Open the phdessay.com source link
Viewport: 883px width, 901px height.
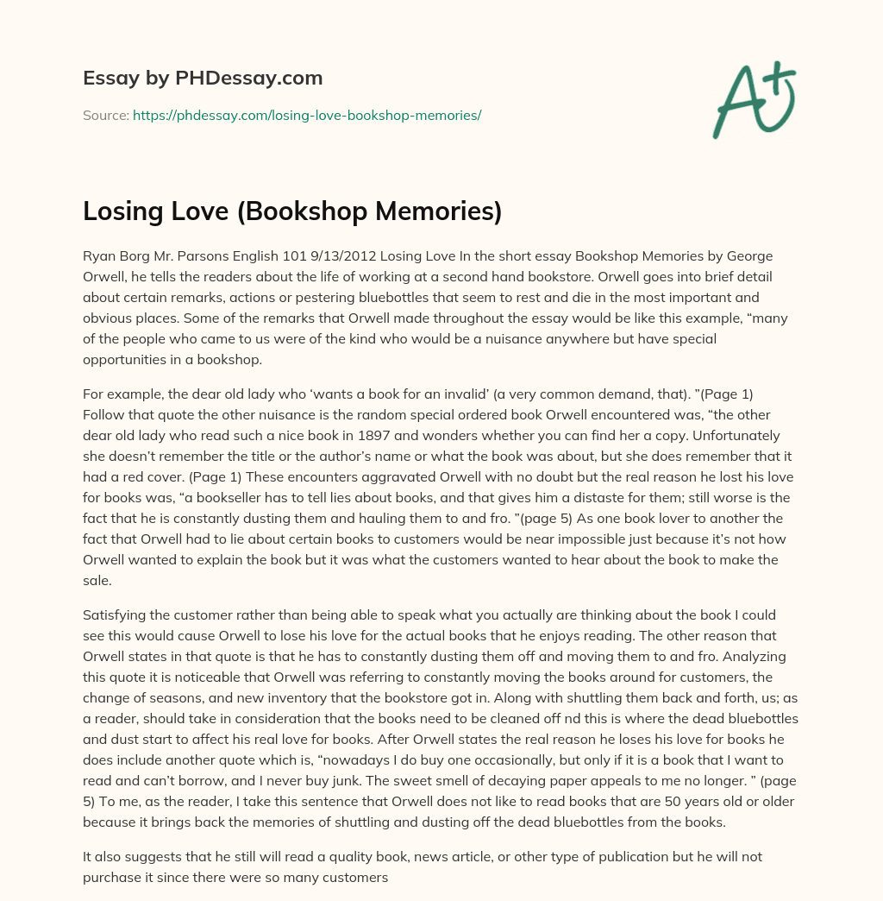307,115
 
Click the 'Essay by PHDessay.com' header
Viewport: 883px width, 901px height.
203,78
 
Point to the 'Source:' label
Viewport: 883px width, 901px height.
105,115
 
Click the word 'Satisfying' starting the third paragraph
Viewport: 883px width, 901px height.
116,614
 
